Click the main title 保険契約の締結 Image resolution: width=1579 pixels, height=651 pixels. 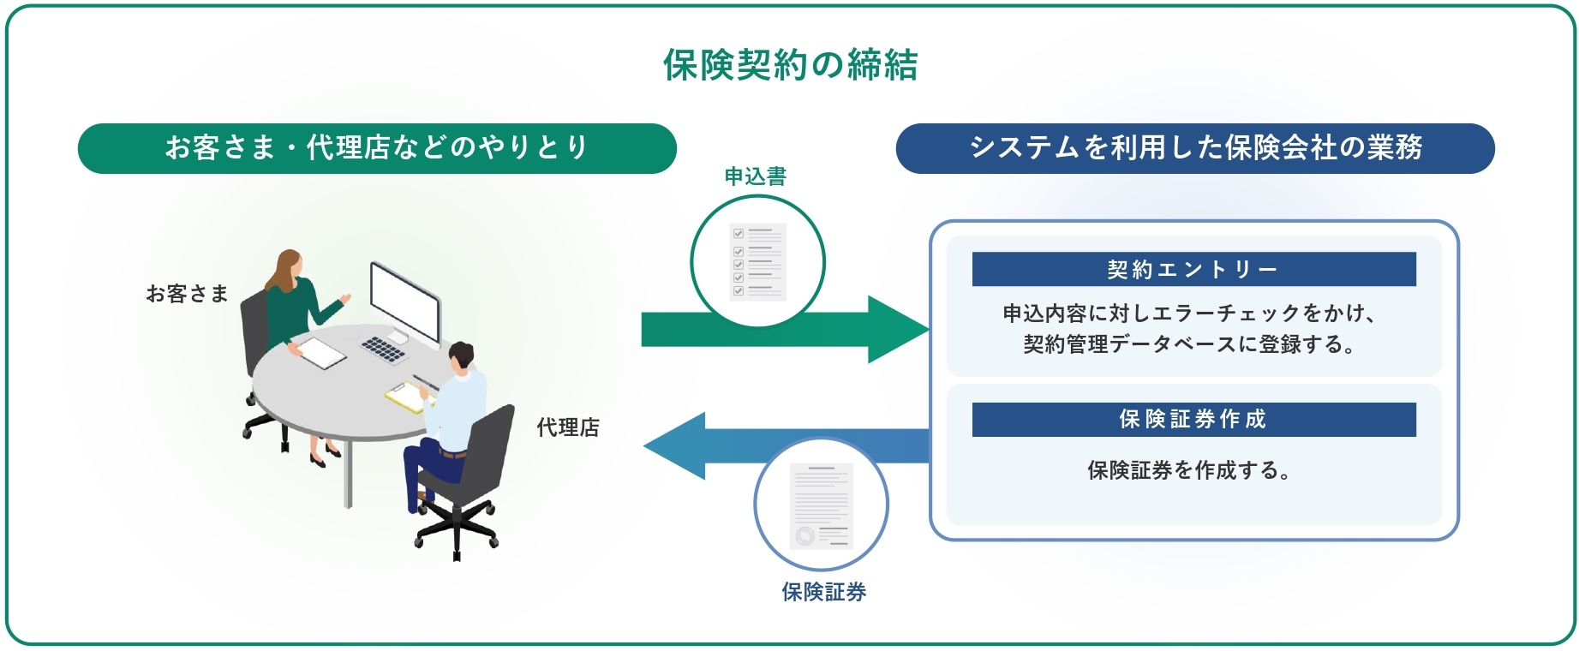(x=790, y=64)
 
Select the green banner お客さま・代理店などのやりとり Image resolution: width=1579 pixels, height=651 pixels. (x=377, y=148)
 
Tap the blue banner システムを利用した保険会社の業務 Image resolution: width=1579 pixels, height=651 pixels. (x=1195, y=148)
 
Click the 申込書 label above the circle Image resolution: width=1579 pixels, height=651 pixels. (x=755, y=176)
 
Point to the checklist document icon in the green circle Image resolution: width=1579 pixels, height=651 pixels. (x=757, y=261)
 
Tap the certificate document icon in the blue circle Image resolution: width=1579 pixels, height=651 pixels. (x=821, y=505)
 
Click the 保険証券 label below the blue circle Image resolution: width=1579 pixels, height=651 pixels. (x=823, y=591)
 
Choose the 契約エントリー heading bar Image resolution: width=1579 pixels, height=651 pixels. (x=1193, y=269)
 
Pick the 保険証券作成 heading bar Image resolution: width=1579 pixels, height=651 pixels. (x=1193, y=419)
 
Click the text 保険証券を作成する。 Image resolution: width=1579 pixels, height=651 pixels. (x=1189, y=469)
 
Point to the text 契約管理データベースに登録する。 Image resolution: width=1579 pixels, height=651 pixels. (x=1190, y=344)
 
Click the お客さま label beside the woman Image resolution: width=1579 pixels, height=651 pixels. (x=187, y=294)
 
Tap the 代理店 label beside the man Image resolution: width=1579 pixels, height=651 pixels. (x=568, y=427)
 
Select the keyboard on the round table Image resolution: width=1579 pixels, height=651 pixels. (x=384, y=348)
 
